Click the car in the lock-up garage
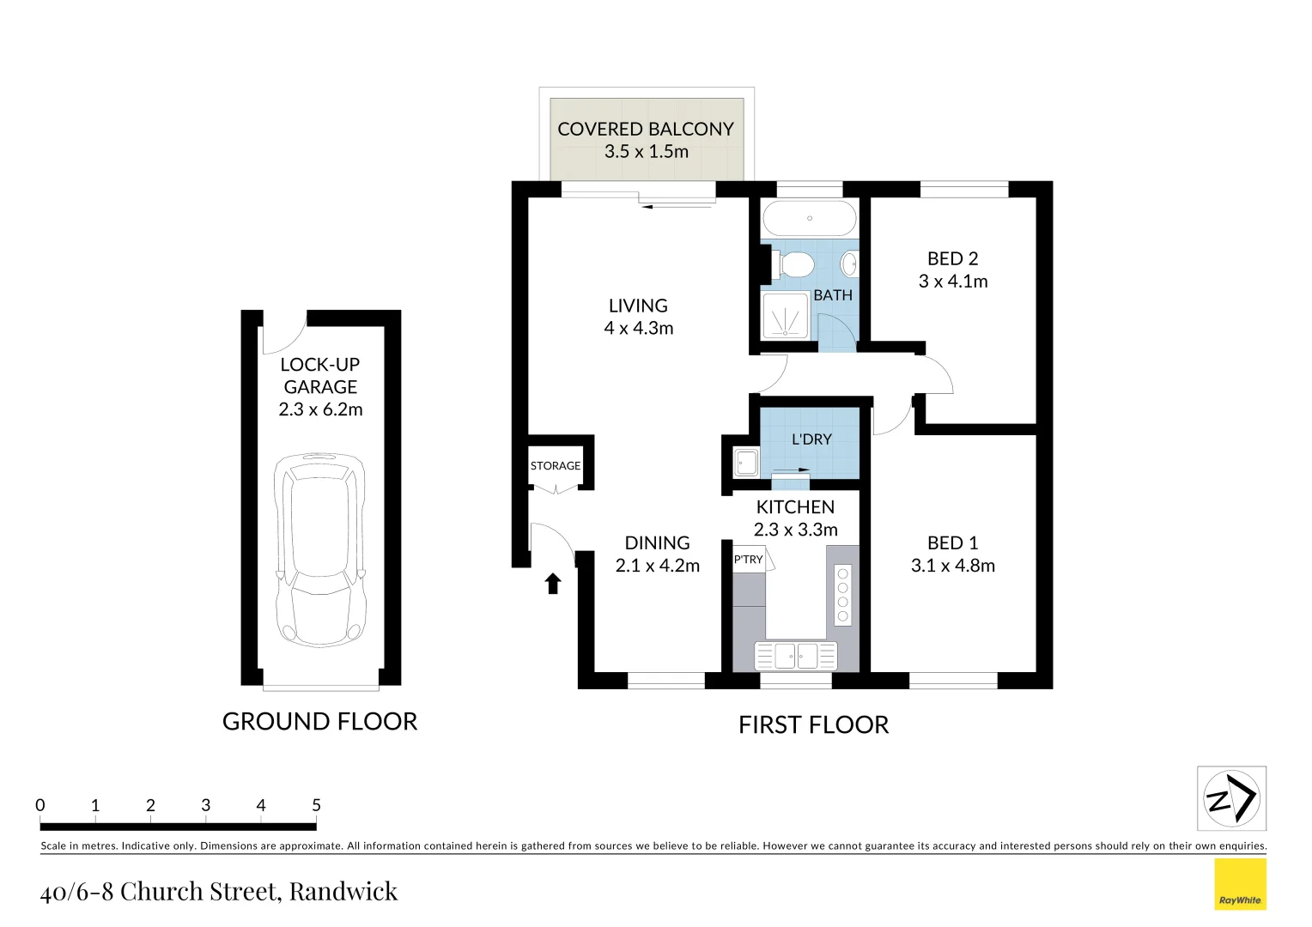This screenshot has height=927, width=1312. [319, 549]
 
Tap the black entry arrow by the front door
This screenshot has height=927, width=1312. [553, 584]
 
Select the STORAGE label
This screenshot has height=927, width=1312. [555, 466]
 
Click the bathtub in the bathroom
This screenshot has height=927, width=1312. [809, 218]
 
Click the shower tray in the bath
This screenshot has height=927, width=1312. [785, 316]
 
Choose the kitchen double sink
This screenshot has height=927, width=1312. [795, 656]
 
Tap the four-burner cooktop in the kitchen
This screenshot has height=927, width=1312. [842, 595]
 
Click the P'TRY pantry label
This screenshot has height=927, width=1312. [748, 560]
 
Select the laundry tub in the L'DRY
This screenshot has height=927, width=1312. [745, 463]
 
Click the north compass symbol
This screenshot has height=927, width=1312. [1231, 798]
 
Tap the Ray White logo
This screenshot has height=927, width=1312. [1240, 884]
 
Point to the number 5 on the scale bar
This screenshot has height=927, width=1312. [316, 805]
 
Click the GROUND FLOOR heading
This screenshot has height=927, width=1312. [319, 722]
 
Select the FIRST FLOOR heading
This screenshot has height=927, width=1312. [813, 725]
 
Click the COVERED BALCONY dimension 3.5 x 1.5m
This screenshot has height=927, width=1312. [646, 152]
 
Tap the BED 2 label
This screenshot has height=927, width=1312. [952, 258]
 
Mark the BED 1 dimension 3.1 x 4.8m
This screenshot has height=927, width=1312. [952, 566]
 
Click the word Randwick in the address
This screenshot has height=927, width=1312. [343, 891]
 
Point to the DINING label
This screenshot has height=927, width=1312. [657, 542]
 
